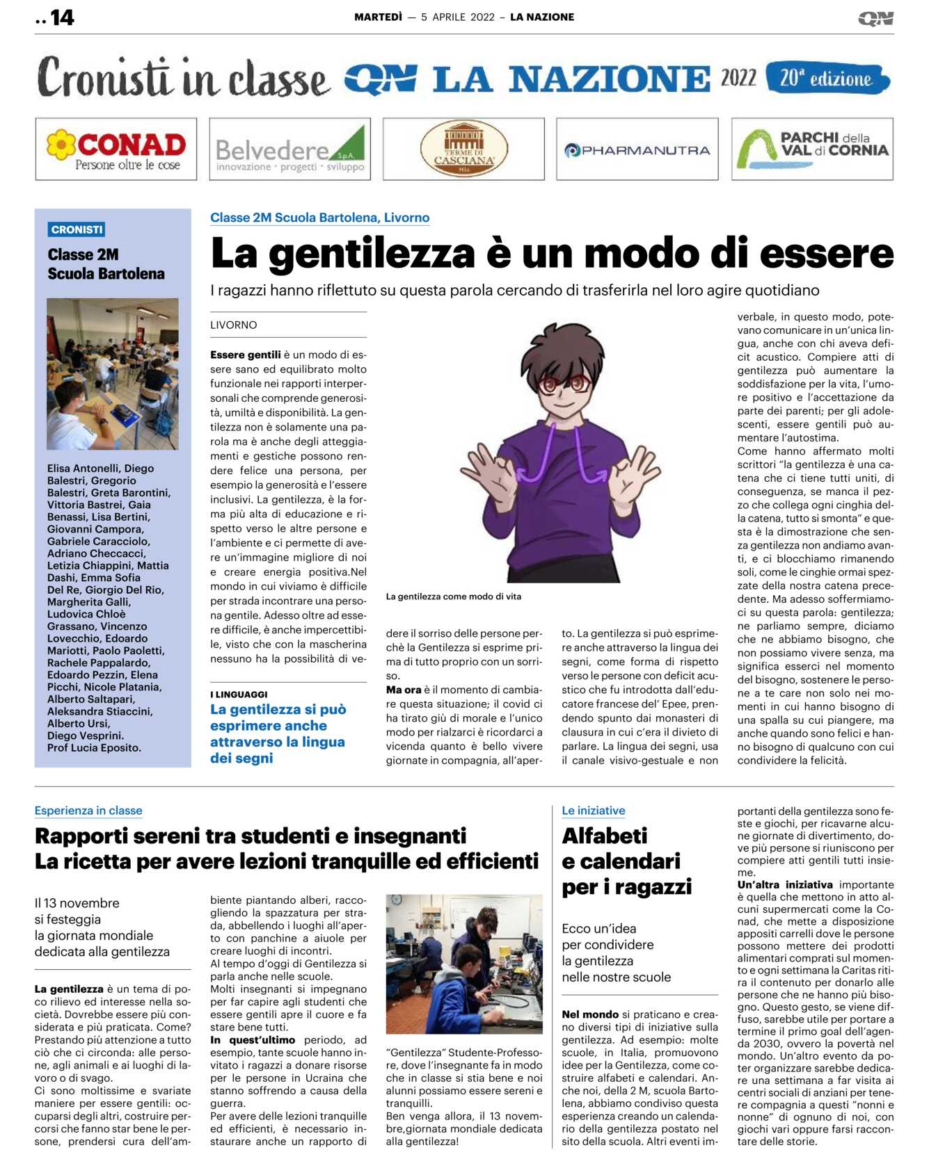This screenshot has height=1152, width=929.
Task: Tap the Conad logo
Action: [116, 149]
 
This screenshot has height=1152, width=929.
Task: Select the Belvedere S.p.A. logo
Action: [289, 149]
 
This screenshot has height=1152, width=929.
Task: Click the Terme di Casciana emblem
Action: [463, 149]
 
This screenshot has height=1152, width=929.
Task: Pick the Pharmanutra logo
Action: [637, 149]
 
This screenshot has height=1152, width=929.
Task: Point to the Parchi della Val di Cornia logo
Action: [812, 149]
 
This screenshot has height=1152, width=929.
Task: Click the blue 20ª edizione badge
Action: [827, 79]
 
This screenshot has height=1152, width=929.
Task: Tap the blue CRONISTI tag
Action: [77, 229]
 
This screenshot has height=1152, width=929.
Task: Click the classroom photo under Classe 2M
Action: [112, 373]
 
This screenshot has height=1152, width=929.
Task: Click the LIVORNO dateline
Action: [234, 325]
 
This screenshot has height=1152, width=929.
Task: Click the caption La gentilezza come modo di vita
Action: [453, 597]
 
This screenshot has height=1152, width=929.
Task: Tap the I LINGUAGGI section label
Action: [239, 695]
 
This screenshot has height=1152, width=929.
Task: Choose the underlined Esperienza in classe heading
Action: [88, 811]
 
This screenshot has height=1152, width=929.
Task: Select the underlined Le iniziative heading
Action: [594, 811]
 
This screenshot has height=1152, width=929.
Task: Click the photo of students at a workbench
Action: [463, 964]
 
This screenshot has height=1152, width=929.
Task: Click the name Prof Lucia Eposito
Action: [94, 748]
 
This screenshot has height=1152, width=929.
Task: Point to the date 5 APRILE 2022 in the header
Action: [458, 17]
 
